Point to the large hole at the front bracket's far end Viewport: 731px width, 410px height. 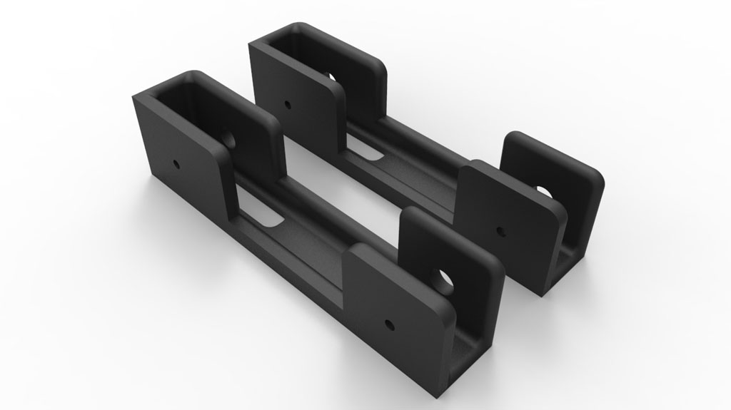click(230, 138)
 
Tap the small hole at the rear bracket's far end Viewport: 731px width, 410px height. click(288, 104)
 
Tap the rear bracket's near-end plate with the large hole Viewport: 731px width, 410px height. click(557, 178)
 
